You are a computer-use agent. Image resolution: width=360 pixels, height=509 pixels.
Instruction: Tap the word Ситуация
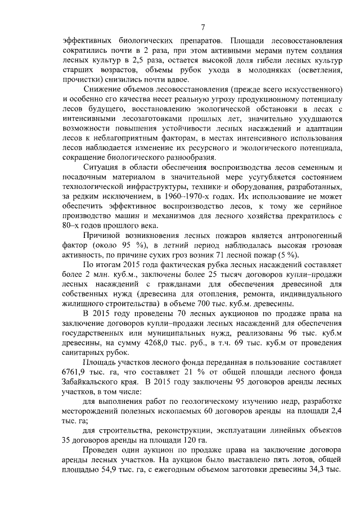102,168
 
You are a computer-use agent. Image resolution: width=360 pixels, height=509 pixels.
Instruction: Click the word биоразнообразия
183,157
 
